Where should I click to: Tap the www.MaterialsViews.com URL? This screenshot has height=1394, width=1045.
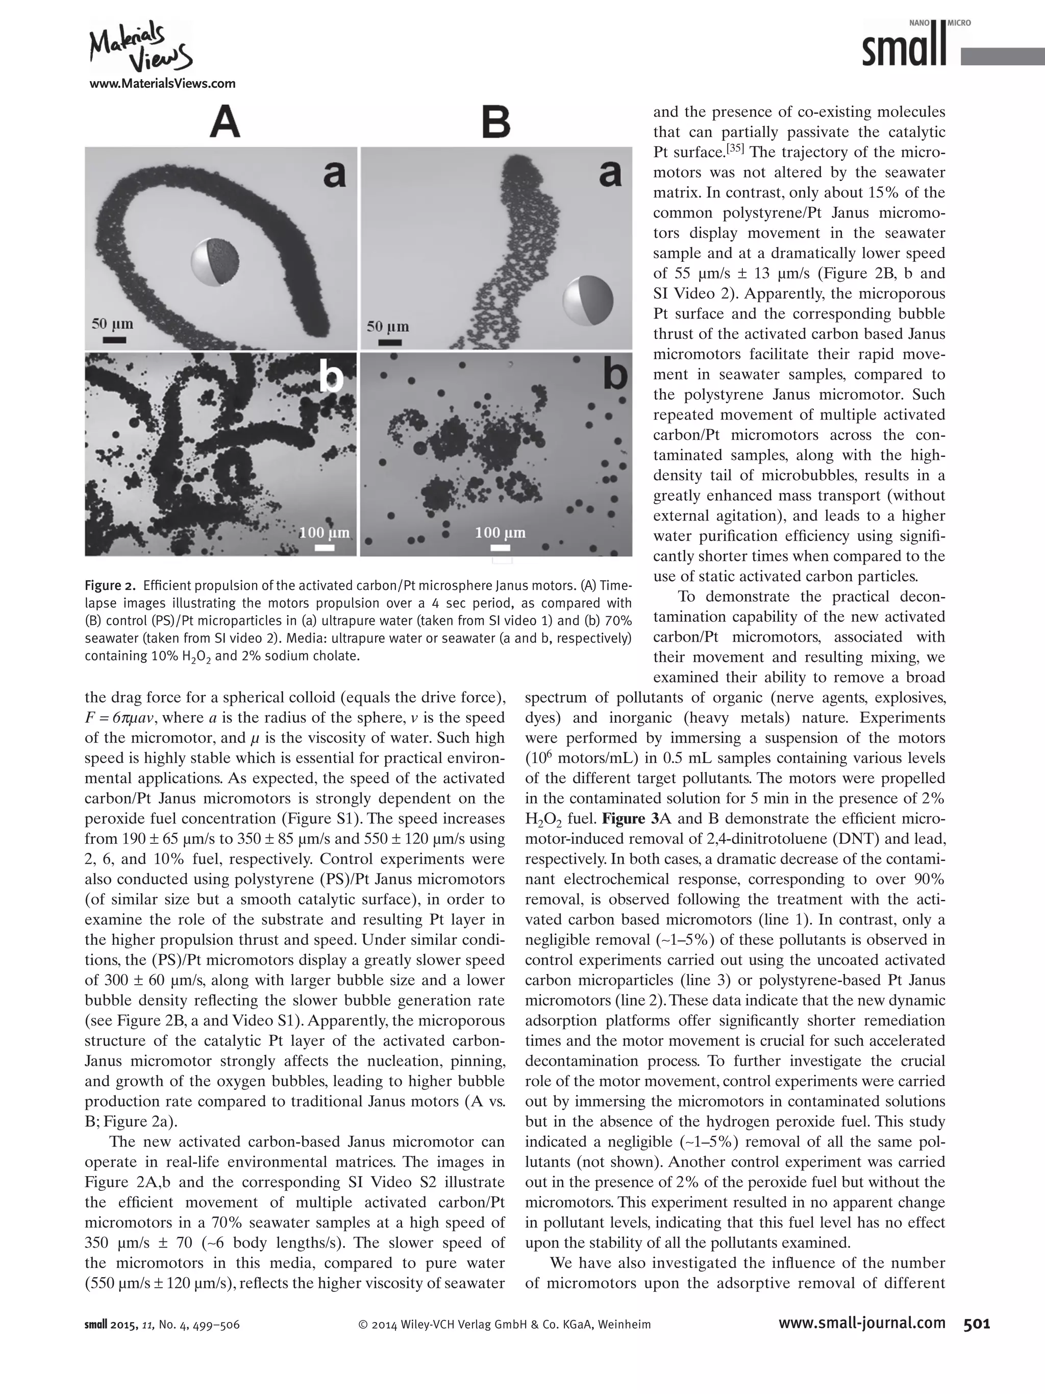pyautogui.click(x=162, y=83)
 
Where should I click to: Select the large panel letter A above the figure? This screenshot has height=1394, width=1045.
pyautogui.click(x=225, y=123)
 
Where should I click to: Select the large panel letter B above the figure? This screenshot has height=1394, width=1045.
pyautogui.click(x=496, y=123)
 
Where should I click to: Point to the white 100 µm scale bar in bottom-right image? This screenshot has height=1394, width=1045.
pyautogui.click(x=500, y=548)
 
